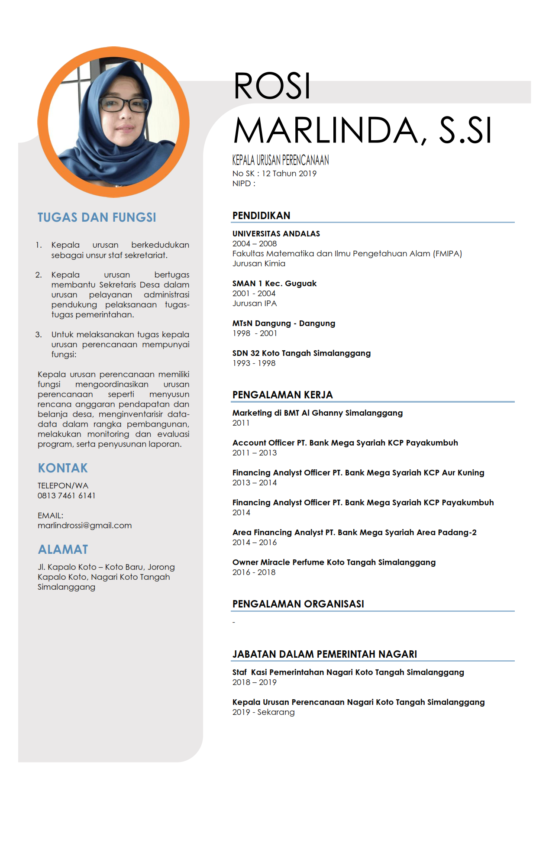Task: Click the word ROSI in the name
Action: [272, 86]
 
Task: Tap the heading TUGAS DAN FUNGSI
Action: [97, 217]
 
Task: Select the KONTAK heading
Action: [63, 468]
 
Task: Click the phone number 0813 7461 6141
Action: [66, 496]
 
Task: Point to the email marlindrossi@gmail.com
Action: [84, 526]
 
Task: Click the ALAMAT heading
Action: [63, 549]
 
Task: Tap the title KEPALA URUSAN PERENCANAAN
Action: [281, 161]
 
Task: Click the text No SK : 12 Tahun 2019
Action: [274, 174]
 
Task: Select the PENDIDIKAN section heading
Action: [261, 216]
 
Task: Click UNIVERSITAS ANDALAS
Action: [276, 234]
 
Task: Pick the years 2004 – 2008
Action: [255, 244]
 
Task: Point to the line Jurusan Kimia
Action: [259, 264]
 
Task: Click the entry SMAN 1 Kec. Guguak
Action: [274, 284]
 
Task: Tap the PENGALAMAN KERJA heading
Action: [282, 395]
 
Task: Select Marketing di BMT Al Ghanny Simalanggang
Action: [317, 413]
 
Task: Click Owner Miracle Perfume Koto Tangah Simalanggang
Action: [334, 562]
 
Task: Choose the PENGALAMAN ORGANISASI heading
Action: [298, 604]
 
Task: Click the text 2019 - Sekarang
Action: [263, 712]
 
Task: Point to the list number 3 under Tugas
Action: [39, 335]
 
